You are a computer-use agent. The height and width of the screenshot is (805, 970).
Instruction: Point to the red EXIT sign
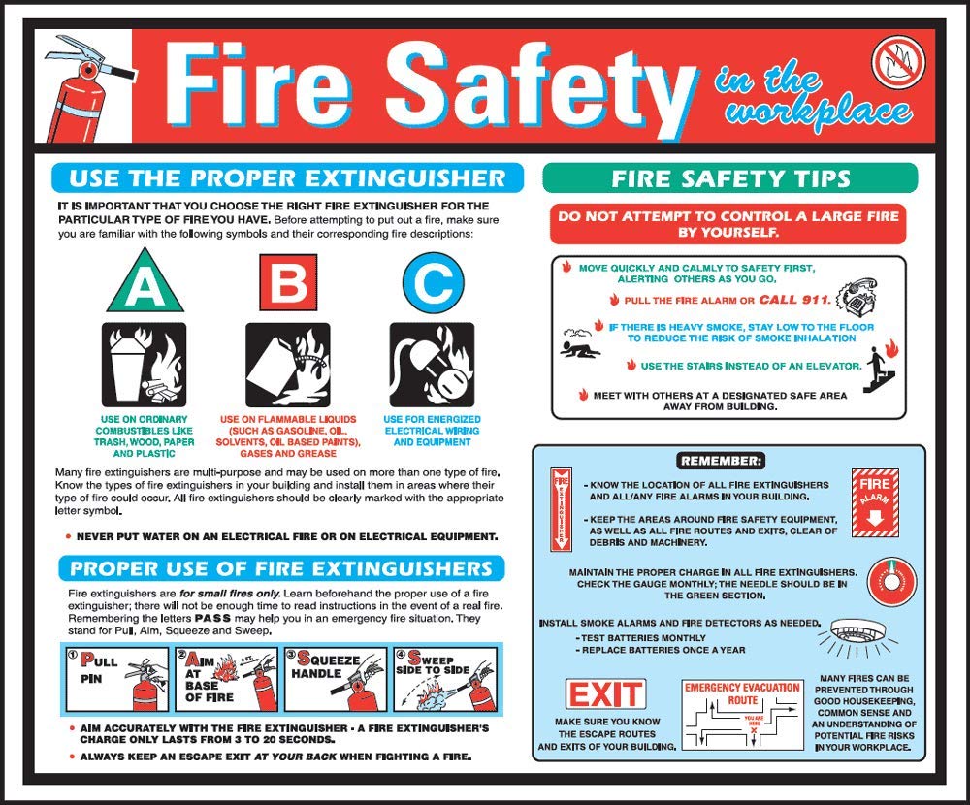pyautogui.click(x=605, y=694)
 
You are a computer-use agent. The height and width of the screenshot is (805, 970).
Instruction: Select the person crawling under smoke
pyautogui.click(x=580, y=346)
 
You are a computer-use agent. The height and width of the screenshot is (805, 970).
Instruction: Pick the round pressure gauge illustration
pyautogui.click(x=888, y=581)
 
